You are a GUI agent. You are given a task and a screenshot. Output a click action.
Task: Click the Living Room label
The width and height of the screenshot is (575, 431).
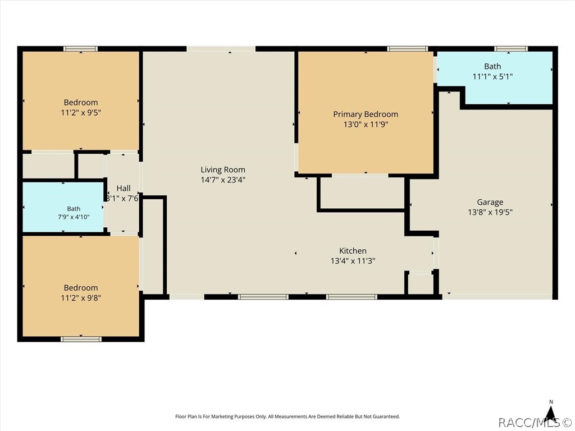[222, 169]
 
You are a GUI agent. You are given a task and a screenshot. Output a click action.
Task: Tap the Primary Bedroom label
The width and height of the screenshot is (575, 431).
[366, 114]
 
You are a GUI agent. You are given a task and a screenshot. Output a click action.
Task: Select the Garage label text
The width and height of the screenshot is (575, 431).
[490, 202]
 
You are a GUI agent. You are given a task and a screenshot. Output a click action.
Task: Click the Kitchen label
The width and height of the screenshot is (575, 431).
[353, 251]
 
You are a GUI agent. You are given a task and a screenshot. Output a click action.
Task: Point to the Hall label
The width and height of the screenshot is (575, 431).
[124, 189]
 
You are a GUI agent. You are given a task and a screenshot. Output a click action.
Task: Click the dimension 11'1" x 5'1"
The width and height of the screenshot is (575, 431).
[492, 76]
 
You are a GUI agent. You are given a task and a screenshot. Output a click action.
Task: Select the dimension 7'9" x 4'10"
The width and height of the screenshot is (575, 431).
[74, 217]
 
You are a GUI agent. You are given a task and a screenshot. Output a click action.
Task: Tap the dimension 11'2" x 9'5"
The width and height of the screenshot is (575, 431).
[81, 112]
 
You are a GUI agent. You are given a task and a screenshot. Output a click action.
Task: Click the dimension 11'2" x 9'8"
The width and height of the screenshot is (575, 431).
[81, 297]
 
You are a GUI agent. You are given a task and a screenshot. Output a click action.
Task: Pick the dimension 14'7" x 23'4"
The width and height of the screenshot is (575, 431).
[222, 180]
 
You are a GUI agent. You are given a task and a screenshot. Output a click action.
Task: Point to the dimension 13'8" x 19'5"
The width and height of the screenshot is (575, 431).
[490, 212]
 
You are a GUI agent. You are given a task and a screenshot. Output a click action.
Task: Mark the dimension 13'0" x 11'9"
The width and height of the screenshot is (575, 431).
[366, 124]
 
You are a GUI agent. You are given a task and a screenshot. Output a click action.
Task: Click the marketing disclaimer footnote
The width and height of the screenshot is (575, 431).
[287, 416]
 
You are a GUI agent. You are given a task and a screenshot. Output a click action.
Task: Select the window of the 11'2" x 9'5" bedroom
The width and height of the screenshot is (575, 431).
[80, 49]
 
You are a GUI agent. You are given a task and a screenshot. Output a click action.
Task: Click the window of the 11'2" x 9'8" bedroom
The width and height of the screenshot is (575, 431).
[81, 339]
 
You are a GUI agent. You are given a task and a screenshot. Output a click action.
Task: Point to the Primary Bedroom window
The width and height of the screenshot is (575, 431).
[408, 49]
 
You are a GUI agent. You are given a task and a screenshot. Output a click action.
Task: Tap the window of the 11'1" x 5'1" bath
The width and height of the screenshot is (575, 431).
[511, 49]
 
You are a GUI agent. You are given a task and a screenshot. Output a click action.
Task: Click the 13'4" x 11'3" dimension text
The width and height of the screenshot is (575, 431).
[353, 261]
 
